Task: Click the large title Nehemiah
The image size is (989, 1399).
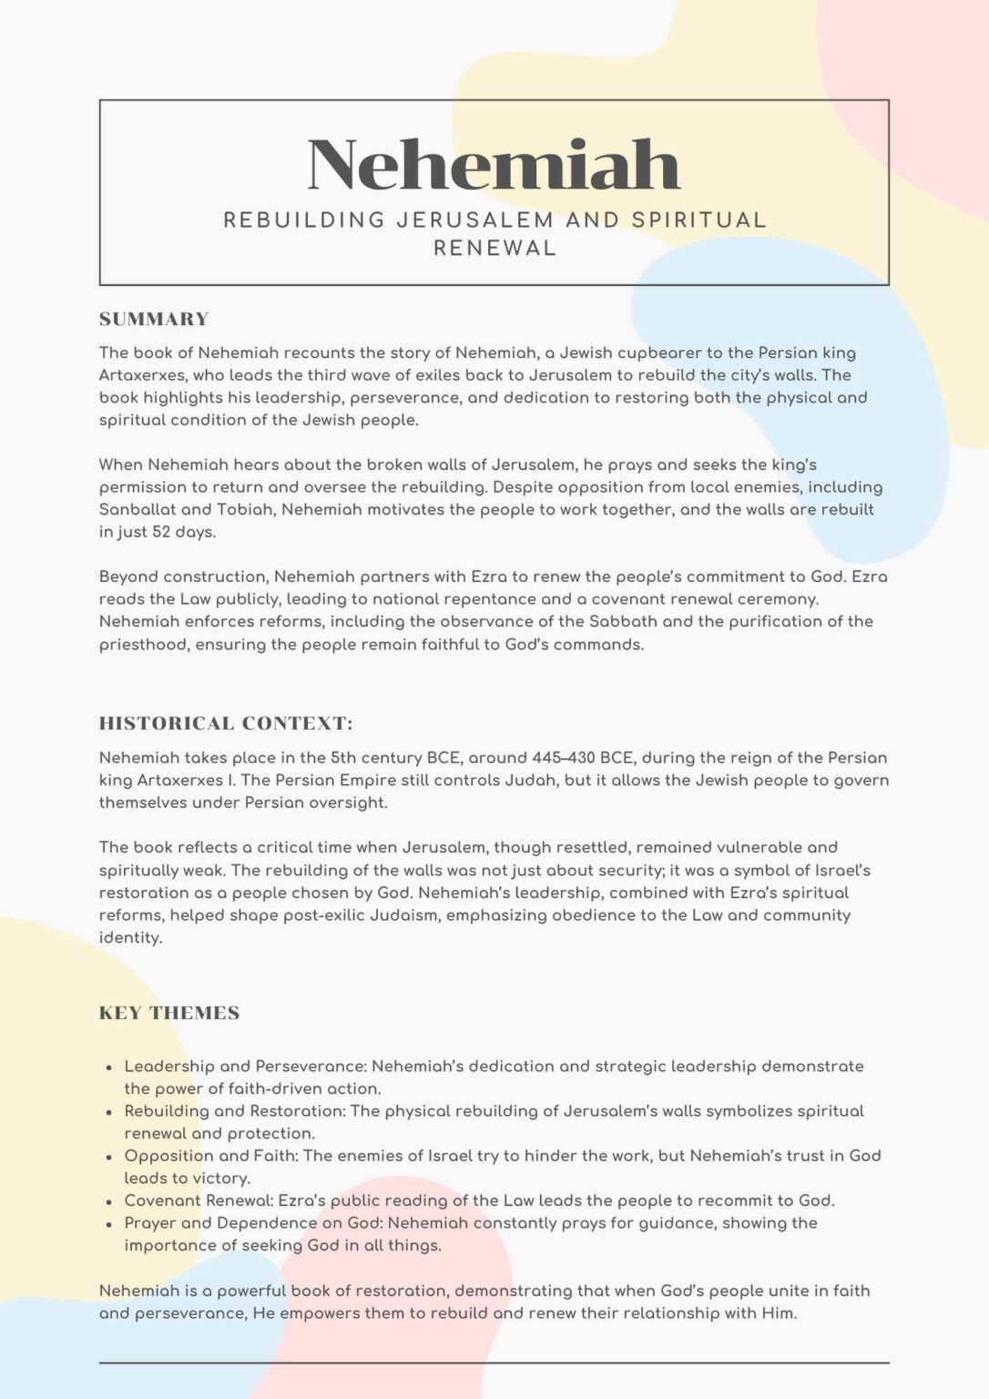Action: tap(494, 165)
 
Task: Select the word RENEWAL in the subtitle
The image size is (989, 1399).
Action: tap(494, 249)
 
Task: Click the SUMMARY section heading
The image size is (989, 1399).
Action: tap(154, 320)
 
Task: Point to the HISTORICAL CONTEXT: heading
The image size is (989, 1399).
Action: tap(226, 724)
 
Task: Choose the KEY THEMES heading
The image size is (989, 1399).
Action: tap(169, 1014)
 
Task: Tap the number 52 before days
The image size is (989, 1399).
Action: tap(161, 532)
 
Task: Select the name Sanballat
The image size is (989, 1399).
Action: tap(137, 509)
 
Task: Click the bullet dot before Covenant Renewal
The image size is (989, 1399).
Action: tap(109, 1201)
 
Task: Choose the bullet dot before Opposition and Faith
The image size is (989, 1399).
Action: tap(109, 1157)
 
